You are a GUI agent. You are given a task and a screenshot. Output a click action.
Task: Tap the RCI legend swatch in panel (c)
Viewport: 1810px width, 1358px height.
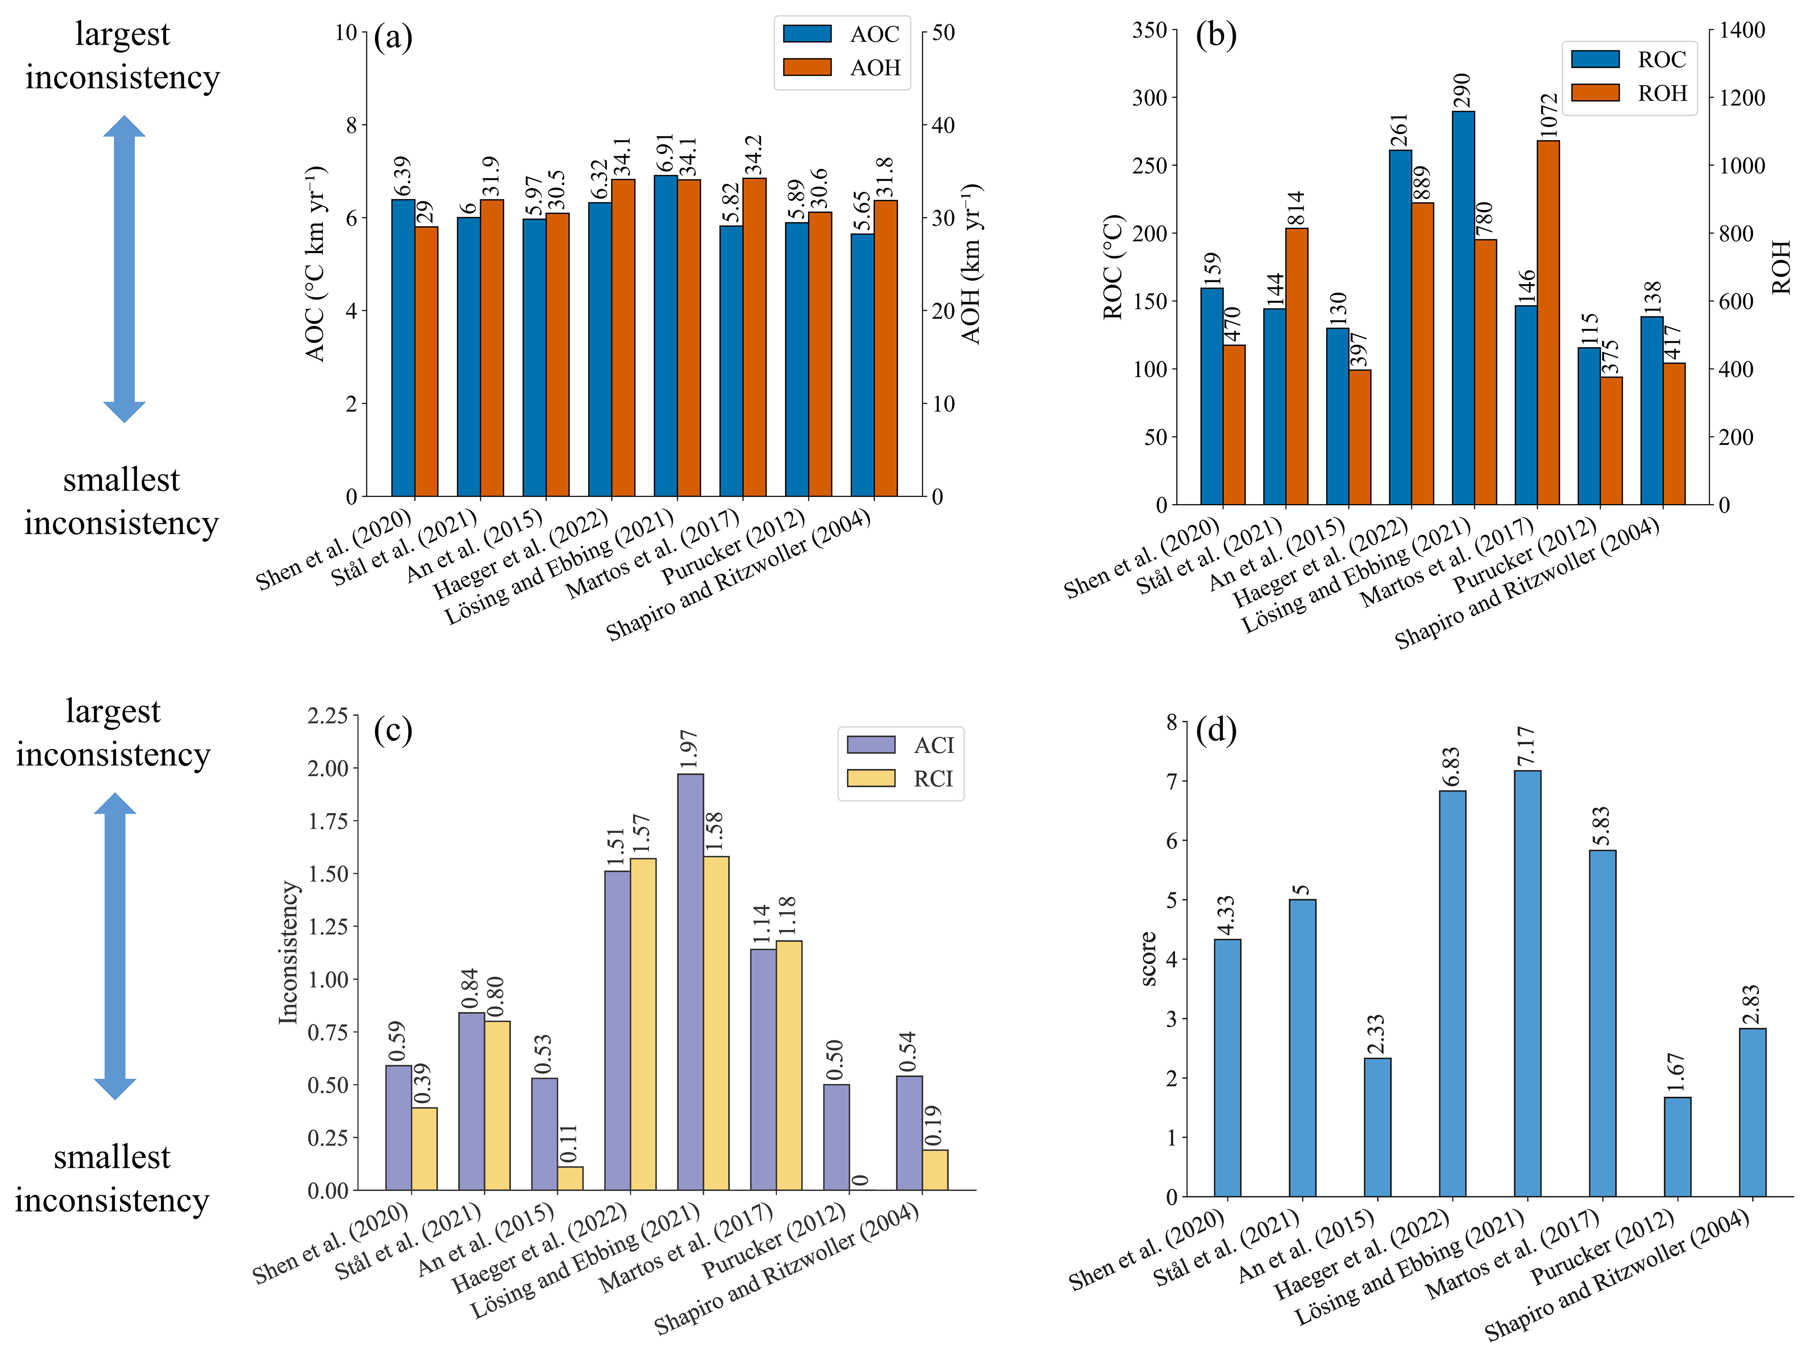tap(871, 778)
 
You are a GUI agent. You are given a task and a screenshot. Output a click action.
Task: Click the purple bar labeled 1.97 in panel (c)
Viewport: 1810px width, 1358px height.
tap(690, 981)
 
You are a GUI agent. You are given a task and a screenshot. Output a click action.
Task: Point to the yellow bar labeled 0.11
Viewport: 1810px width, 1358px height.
tap(570, 1178)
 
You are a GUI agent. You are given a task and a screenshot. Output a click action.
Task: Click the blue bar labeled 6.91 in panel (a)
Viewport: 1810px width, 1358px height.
tap(665, 335)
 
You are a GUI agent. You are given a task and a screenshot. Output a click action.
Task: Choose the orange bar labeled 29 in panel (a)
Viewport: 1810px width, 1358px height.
tap(426, 361)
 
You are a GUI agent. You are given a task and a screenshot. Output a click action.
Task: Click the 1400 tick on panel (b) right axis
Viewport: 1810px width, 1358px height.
tap(1741, 30)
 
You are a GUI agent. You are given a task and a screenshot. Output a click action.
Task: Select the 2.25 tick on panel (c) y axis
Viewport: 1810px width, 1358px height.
tap(327, 716)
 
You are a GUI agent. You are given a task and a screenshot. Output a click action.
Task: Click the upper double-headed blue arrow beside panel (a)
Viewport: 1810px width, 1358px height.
tap(124, 269)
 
